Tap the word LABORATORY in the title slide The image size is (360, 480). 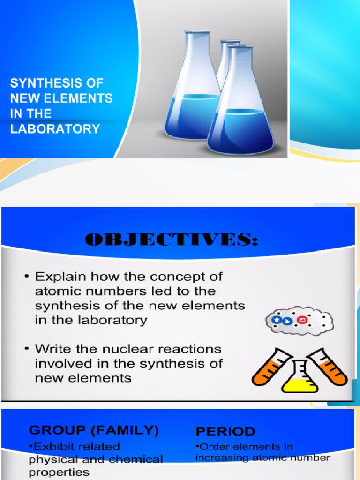pyautogui.click(x=55, y=129)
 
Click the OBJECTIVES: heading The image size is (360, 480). pyautogui.click(x=171, y=240)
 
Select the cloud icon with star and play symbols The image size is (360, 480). pyautogui.click(x=299, y=322)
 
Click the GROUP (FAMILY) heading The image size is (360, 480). pyautogui.click(x=94, y=430)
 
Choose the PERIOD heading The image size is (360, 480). pyautogui.click(x=225, y=431)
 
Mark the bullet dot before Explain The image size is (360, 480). pyautogui.click(x=28, y=277)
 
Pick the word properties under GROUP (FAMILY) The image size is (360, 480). pyautogui.click(x=59, y=472)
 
